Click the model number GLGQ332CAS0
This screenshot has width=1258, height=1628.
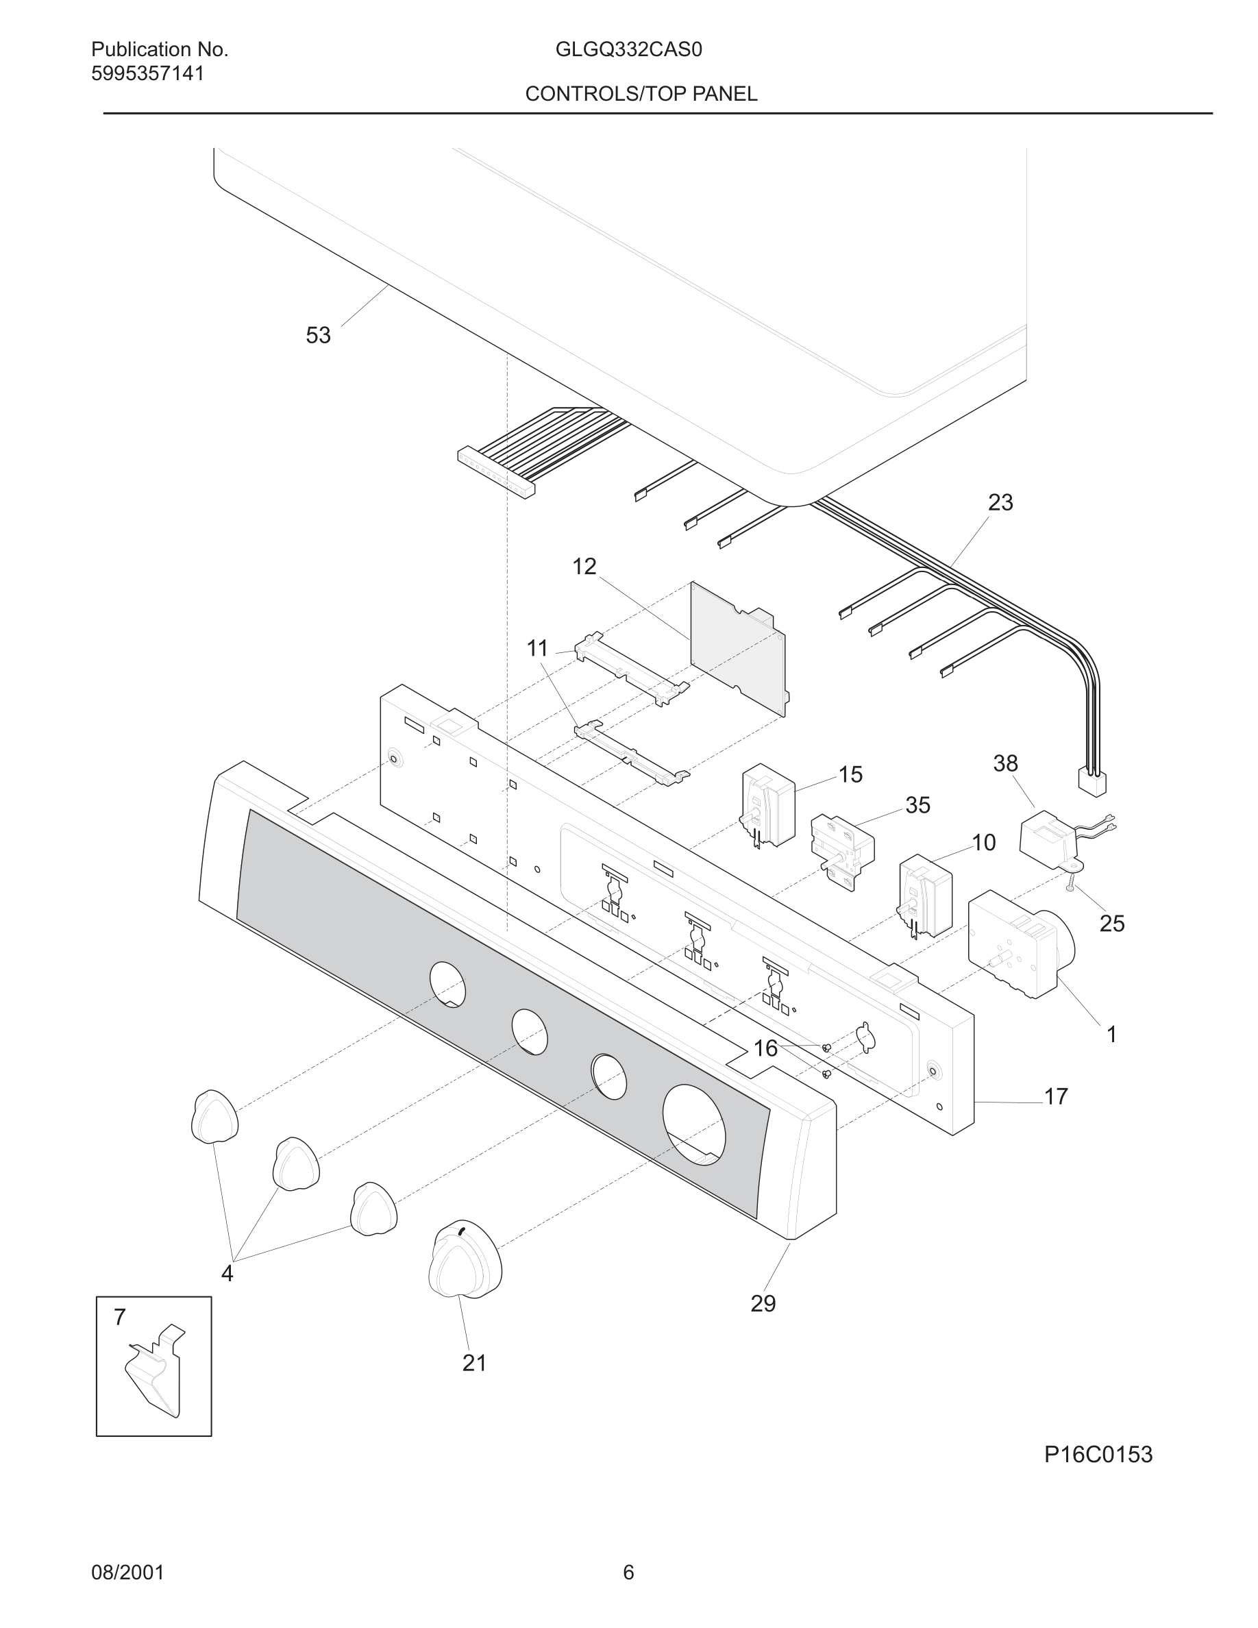pos(628,50)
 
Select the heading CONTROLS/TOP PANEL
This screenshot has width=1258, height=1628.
pos(641,94)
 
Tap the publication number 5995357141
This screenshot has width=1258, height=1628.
pos(147,74)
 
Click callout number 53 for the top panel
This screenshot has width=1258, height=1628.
pos(317,336)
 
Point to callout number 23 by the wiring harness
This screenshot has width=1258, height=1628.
pos(1000,502)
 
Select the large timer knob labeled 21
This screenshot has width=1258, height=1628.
pos(465,1260)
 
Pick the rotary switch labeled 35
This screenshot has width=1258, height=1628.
pos(842,850)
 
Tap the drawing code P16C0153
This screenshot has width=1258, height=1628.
pos(1098,1455)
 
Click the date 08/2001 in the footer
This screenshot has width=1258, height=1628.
pos(127,1572)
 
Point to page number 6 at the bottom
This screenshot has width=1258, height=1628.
pos(628,1572)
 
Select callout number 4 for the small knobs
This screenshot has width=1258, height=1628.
pos(227,1274)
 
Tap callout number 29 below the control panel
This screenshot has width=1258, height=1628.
pos(763,1304)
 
